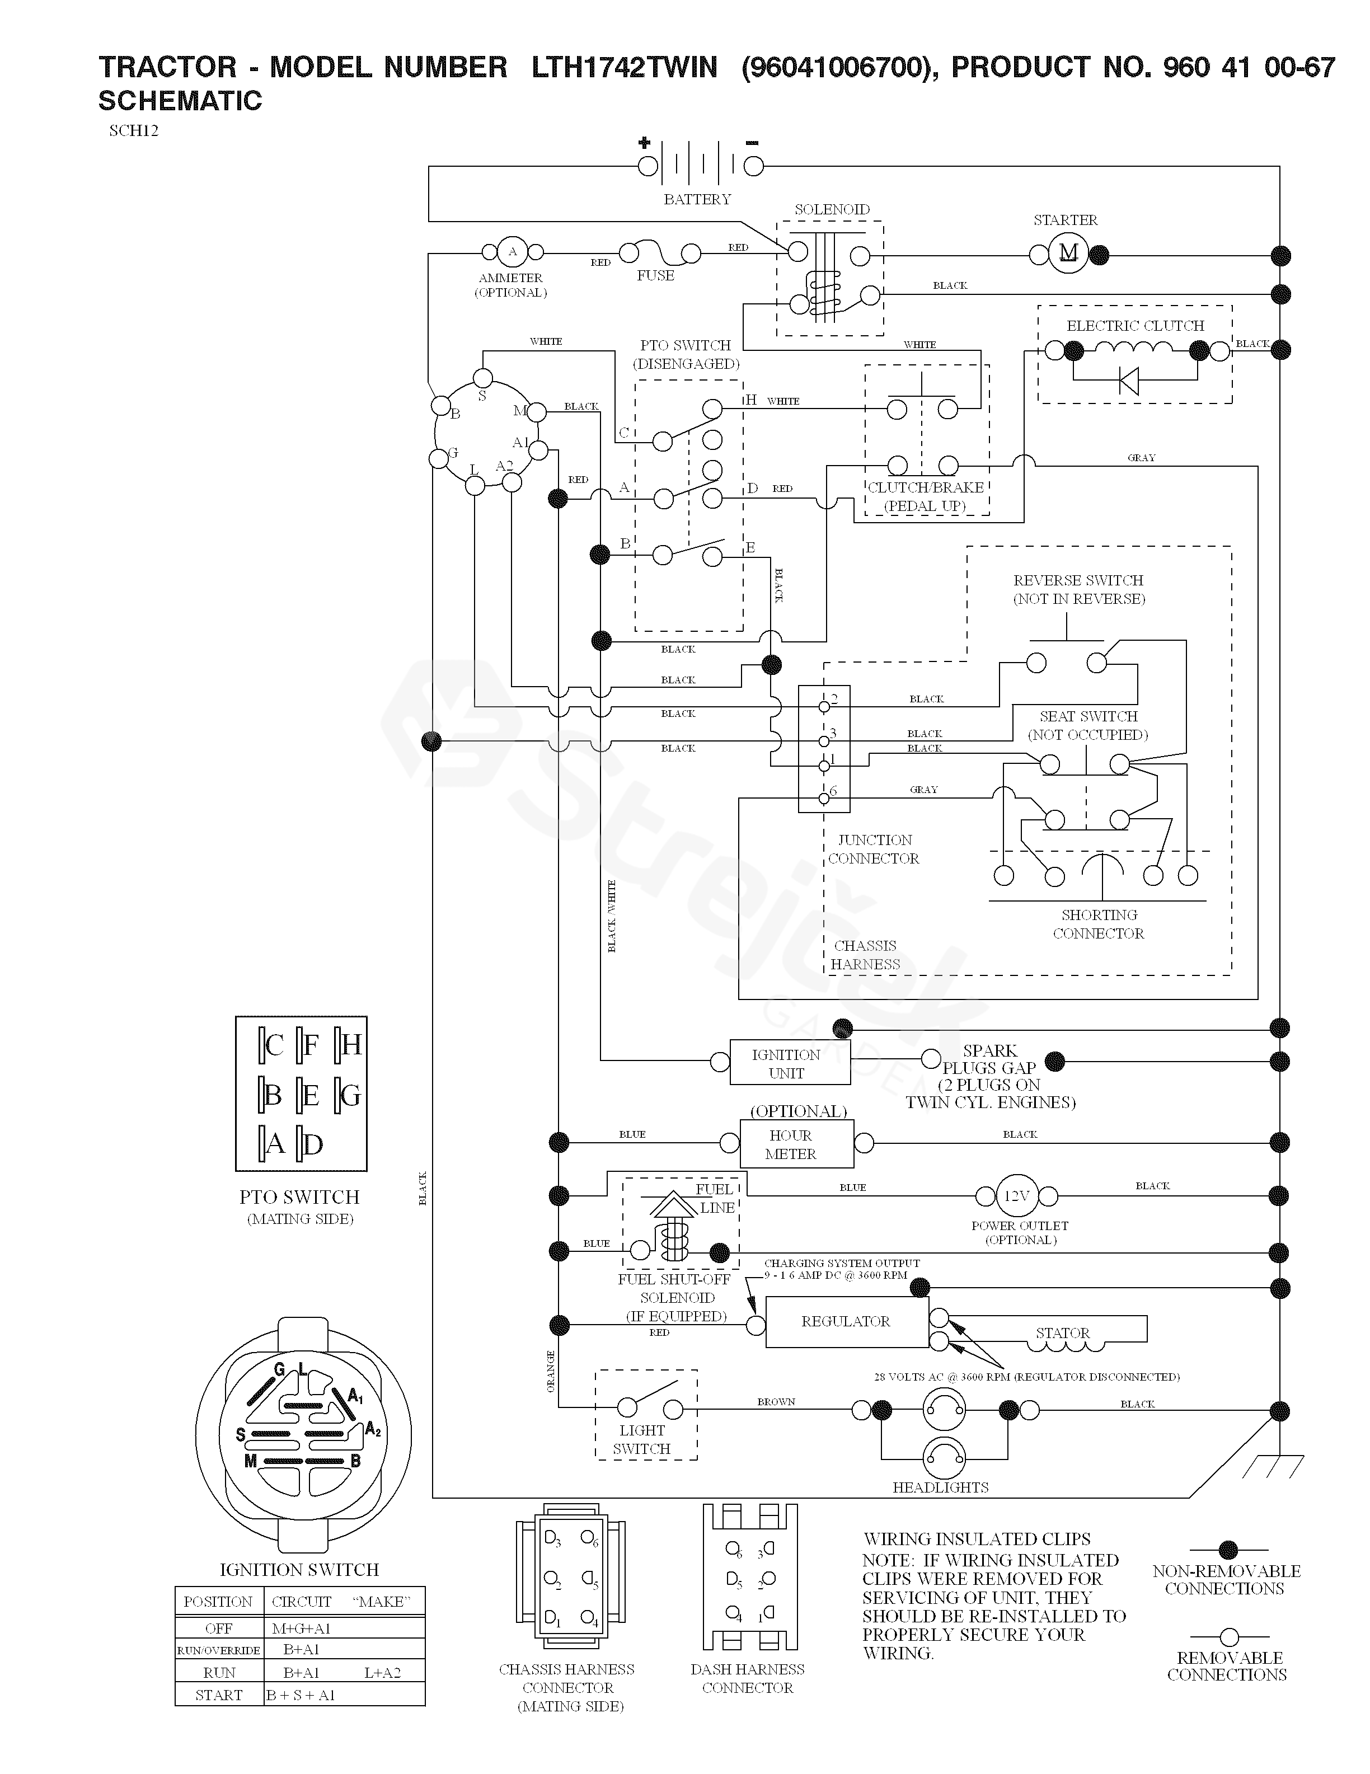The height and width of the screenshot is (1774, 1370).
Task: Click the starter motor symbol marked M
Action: coord(1068,254)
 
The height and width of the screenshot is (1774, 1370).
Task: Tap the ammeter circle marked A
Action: coord(512,252)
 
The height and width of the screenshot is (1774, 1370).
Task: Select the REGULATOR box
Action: coord(846,1322)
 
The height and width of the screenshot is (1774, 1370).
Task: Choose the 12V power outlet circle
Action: coord(1017,1196)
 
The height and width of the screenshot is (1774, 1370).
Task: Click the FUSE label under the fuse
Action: coord(655,276)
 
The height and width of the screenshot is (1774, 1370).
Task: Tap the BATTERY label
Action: coord(697,199)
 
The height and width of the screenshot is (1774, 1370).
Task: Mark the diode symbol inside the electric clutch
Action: coord(1129,379)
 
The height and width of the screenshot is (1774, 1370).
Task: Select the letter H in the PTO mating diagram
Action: coord(351,1045)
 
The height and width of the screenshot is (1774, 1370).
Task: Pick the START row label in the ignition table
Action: coord(218,1695)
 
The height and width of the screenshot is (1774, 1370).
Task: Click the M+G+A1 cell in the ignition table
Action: coord(301,1628)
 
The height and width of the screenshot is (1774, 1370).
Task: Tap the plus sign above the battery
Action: coord(645,143)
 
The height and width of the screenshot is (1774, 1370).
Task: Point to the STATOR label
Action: coord(1062,1334)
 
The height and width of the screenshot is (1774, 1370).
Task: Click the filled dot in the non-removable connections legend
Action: coord(1229,1550)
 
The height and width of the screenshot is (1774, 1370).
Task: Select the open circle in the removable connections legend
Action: coord(1229,1637)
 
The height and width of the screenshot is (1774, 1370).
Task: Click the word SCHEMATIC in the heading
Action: coord(180,101)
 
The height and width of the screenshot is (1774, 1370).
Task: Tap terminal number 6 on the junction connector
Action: coord(824,797)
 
